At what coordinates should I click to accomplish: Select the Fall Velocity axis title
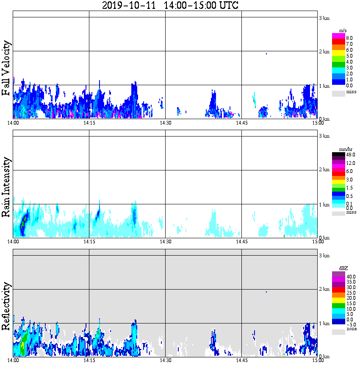coord(6,69)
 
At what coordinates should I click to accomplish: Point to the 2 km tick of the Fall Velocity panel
coord(324,52)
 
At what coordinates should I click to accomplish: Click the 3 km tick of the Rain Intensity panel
coord(324,136)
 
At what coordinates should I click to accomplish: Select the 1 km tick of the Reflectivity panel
coord(324,323)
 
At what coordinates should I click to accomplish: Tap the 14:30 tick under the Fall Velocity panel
coord(165,123)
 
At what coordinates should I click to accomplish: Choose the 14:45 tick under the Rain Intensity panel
coord(241,242)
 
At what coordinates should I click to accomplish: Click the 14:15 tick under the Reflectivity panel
coord(89,360)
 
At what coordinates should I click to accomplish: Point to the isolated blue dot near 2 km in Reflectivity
coord(266,292)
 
